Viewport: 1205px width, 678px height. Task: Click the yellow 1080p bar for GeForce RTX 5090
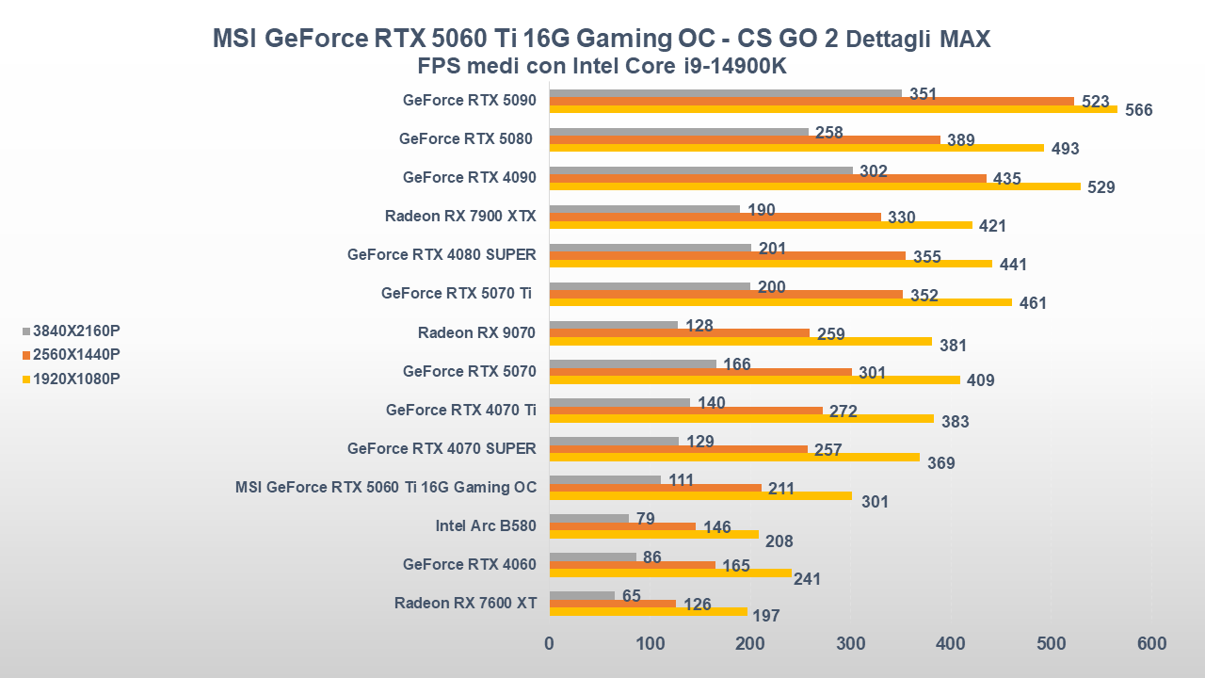(x=833, y=109)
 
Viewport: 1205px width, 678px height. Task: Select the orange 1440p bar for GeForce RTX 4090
(x=767, y=178)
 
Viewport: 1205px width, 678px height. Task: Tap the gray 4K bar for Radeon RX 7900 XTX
(x=645, y=209)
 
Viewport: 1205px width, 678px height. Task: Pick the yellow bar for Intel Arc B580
(x=653, y=534)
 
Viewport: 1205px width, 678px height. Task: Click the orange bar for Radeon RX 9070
(x=679, y=332)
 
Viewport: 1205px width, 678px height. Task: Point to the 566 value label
(x=1139, y=110)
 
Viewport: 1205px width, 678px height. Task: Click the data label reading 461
(x=1033, y=303)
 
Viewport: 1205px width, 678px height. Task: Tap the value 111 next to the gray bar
(x=681, y=480)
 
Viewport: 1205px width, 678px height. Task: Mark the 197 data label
(x=765, y=616)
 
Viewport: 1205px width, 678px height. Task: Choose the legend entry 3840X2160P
(x=75, y=331)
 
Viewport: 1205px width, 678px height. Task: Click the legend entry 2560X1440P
(x=75, y=354)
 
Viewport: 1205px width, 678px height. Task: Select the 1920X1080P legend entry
(x=75, y=379)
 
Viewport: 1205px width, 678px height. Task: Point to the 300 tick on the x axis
(x=850, y=644)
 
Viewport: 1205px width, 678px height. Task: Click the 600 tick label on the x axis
(x=1151, y=644)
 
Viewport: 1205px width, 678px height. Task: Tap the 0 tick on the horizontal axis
(x=550, y=644)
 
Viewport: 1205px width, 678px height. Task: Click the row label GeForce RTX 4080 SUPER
(x=442, y=254)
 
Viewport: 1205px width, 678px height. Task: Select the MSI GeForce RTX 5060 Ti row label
(x=386, y=487)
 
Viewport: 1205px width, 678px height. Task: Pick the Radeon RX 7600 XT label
(x=465, y=603)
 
